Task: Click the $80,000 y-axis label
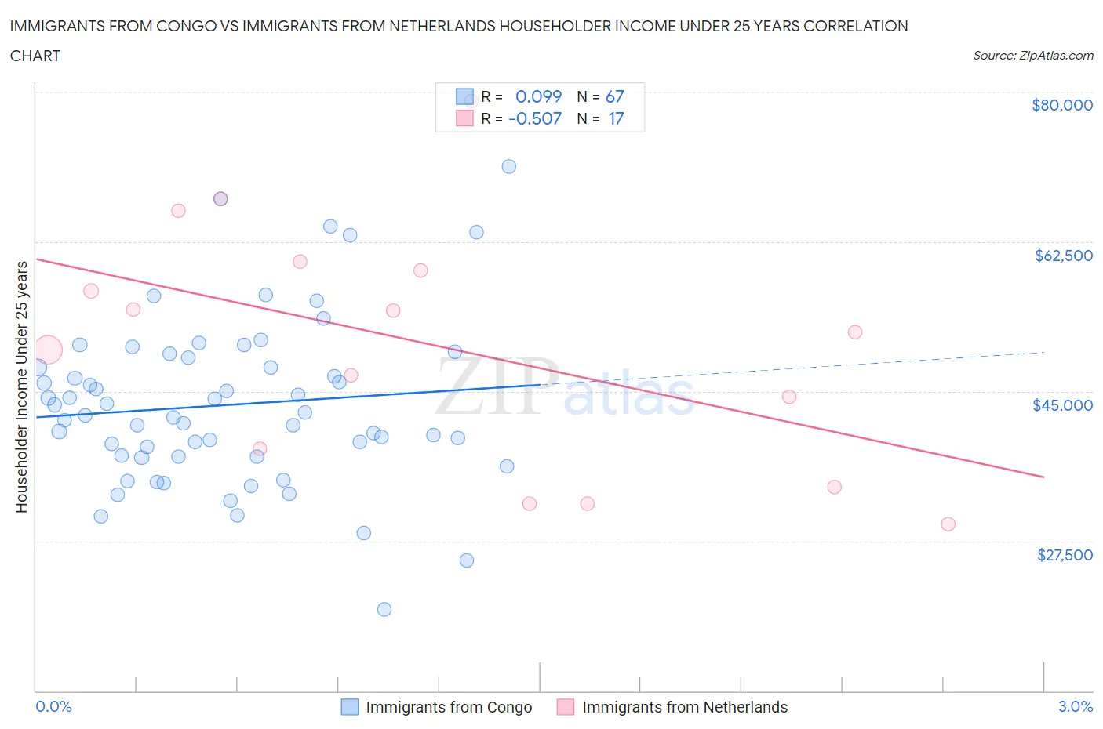(x=1061, y=105)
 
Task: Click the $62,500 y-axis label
(x=1063, y=256)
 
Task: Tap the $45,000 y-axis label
(x=1062, y=405)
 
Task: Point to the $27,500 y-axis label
(x=1064, y=555)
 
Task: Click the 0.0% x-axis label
(x=53, y=706)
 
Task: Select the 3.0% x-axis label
(x=1075, y=706)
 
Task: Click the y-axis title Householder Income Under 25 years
(x=21, y=386)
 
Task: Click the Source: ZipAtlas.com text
(x=1032, y=56)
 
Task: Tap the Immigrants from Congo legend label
(x=449, y=707)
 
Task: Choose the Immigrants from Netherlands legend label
(x=684, y=707)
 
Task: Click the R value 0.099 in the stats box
(x=538, y=96)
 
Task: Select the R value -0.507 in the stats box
(x=535, y=118)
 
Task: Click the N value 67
(x=614, y=96)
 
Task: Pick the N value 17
(x=616, y=118)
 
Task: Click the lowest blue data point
(x=384, y=609)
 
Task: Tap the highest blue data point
(x=508, y=166)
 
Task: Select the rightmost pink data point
(x=948, y=524)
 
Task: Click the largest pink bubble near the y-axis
(x=47, y=350)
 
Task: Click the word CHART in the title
(x=35, y=56)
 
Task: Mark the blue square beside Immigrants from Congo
(x=349, y=707)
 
